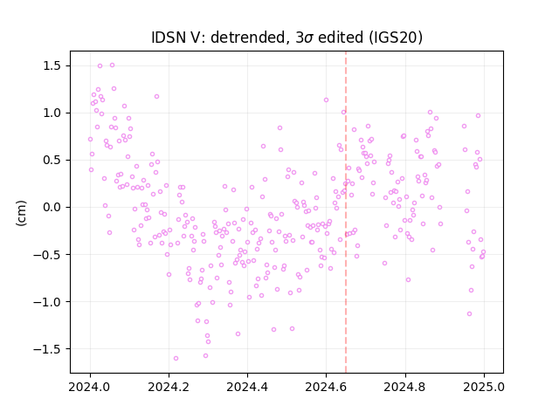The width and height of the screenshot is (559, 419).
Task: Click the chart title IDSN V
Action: tap(178, 38)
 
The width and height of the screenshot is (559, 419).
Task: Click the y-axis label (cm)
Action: tap(21, 213)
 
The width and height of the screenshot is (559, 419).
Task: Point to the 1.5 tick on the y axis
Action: tap(52, 66)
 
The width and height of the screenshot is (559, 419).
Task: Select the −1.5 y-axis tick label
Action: tap(47, 349)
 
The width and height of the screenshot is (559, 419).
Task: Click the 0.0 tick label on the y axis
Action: tap(52, 208)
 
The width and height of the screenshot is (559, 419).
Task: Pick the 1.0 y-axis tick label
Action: tap(52, 113)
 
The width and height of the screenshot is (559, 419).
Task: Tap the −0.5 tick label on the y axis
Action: tap(47, 255)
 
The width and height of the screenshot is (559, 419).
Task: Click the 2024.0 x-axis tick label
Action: tap(90, 387)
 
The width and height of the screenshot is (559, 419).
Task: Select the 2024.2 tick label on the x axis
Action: tap(169, 387)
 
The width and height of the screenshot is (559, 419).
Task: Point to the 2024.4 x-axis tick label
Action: tap(247, 387)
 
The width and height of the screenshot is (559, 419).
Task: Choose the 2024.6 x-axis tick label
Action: tap(326, 387)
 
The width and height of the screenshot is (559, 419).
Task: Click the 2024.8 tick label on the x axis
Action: tap(405, 387)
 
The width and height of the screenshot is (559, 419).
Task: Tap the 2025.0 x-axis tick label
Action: tap(484, 387)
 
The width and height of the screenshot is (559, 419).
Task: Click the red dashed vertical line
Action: tap(346, 212)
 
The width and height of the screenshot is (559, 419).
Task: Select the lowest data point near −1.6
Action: tap(176, 359)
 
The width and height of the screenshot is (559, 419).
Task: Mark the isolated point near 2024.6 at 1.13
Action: tap(326, 100)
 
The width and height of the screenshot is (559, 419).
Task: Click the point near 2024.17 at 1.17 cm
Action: tap(156, 97)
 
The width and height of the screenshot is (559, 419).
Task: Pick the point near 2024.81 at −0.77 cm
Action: tap(408, 280)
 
